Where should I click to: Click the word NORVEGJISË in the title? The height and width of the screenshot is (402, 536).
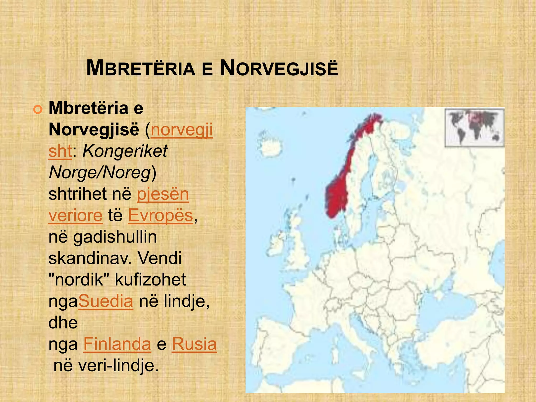[x=279, y=69]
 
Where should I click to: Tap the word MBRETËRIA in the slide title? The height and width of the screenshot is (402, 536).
[x=141, y=69]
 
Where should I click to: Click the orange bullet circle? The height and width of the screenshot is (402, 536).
[x=38, y=110]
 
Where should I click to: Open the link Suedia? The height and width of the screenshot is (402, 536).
[x=106, y=301]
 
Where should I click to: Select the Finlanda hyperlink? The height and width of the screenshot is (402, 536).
[x=117, y=344]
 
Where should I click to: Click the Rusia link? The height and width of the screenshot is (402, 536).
[x=194, y=344]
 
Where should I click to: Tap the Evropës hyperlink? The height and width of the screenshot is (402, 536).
[x=160, y=215]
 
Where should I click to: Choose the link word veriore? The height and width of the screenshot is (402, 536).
[x=76, y=215]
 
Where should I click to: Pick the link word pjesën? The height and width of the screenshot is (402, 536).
[x=163, y=194]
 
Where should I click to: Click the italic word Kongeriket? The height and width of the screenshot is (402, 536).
[x=125, y=151]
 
